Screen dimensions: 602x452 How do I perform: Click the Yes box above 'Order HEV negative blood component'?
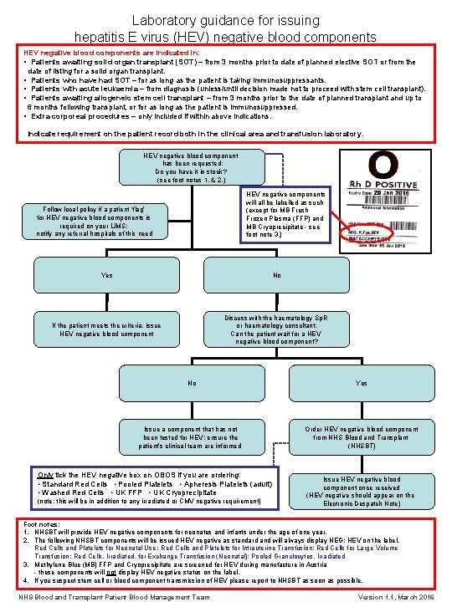(x=362, y=384)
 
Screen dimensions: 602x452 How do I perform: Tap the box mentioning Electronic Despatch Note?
(x=362, y=492)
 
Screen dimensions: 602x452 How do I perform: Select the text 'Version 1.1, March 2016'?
(x=398, y=597)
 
